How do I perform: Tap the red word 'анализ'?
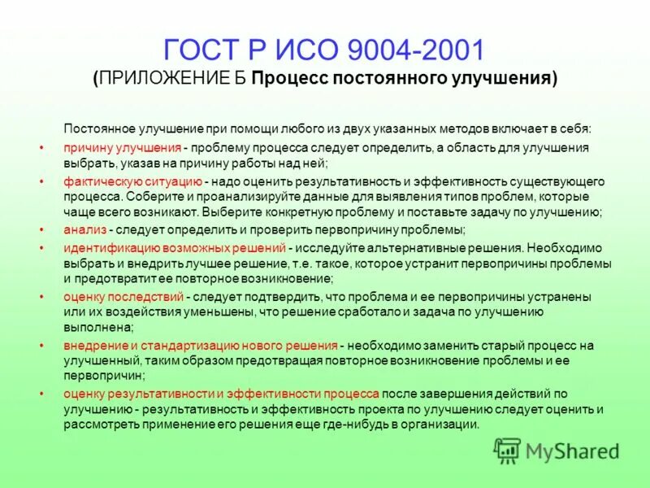tap(84, 230)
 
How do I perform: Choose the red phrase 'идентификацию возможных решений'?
tap(175, 247)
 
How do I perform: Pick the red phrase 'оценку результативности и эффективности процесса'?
tap(221, 394)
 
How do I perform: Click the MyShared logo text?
tap(572, 451)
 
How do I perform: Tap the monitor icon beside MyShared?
tap(508, 451)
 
